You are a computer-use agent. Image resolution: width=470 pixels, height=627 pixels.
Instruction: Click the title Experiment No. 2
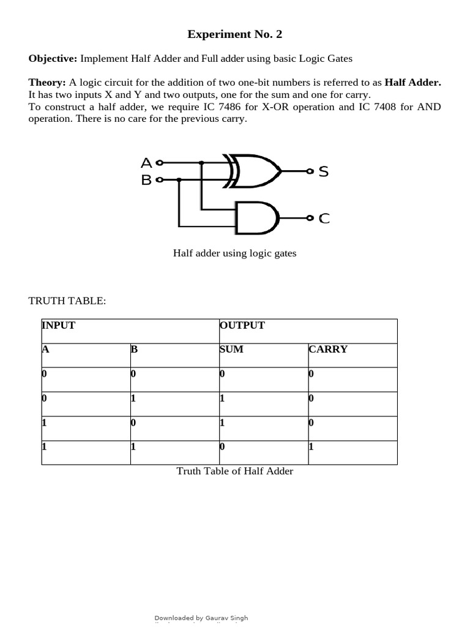(235, 34)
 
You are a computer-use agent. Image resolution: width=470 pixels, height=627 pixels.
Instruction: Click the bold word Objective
(53, 58)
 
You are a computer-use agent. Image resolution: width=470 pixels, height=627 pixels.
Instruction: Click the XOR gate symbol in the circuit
(253, 171)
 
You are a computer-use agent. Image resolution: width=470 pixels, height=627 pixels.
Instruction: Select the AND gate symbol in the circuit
(258, 217)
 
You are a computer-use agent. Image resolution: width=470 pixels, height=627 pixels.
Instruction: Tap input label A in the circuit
(146, 163)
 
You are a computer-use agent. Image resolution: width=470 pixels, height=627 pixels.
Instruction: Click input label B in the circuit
(146, 180)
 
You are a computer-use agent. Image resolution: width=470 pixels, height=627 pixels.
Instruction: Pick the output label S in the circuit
(324, 171)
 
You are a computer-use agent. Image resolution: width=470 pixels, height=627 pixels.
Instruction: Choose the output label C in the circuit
(324, 218)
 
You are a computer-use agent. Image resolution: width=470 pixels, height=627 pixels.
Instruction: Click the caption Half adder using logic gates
(234, 253)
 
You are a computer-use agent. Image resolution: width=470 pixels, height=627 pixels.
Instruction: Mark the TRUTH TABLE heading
(67, 301)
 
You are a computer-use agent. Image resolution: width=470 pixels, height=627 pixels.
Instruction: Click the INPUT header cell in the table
(59, 325)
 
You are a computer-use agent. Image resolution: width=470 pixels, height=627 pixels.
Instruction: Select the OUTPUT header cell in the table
(242, 325)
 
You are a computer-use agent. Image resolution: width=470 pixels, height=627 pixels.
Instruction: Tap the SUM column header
(231, 349)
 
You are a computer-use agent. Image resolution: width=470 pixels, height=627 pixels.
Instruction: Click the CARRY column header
(328, 349)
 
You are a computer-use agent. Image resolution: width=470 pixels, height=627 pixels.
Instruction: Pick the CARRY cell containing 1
(311, 446)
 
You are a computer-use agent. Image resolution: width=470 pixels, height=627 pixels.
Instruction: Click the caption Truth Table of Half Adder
(234, 471)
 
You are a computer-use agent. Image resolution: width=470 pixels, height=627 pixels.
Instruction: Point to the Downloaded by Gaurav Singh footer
(201, 618)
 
